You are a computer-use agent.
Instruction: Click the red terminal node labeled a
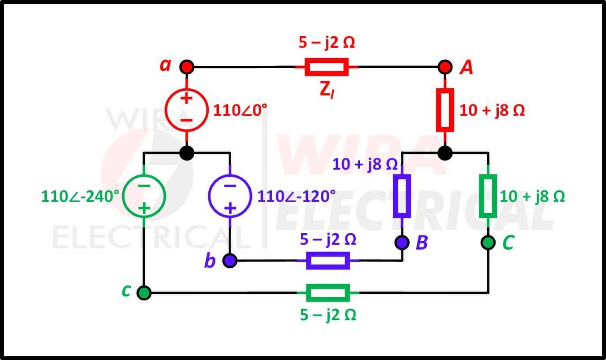pyautogui.click(x=187, y=67)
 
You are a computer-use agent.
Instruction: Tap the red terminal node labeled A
pyautogui.click(x=445, y=67)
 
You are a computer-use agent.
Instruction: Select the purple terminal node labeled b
pyautogui.click(x=230, y=261)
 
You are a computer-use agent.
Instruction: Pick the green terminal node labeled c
pyautogui.click(x=144, y=292)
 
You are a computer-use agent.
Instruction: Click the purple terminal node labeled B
pyautogui.click(x=402, y=242)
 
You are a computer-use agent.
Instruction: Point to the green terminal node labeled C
pyautogui.click(x=488, y=242)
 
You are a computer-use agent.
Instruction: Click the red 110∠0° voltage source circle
pyautogui.click(x=187, y=110)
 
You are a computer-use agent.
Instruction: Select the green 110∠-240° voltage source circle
pyautogui.click(x=144, y=196)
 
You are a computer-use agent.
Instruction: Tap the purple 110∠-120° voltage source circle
pyautogui.click(x=230, y=196)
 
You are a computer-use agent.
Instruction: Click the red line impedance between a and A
pyautogui.click(x=327, y=67)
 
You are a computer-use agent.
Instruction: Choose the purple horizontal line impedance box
pyautogui.click(x=328, y=261)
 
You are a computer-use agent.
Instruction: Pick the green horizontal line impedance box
pyautogui.click(x=328, y=292)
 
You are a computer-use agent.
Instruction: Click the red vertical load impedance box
pyautogui.click(x=445, y=110)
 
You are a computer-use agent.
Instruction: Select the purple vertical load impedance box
pyautogui.click(x=402, y=196)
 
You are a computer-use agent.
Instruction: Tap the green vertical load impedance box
pyautogui.click(x=488, y=196)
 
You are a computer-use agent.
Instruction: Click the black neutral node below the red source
pyautogui.click(x=187, y=153)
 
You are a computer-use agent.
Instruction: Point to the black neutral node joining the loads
pyautogui.click(x=445, y=153)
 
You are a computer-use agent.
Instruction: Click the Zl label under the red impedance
pyautogui.click(x=327, y=90)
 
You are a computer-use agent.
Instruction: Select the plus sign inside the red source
pyautogui.click(x=186, y=98)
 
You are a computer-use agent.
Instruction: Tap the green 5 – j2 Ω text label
pyautogui.click(x=328, y=315)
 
